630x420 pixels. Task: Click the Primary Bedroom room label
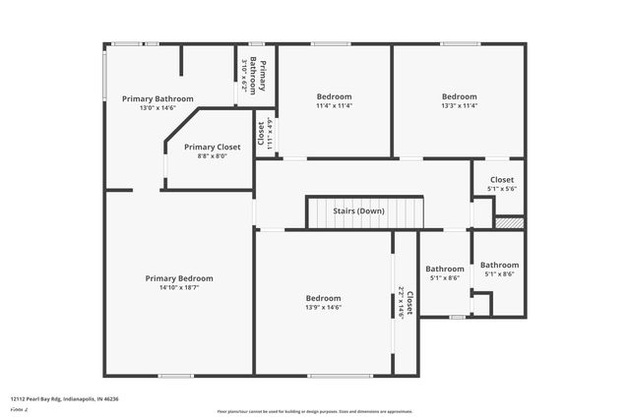[179, 278]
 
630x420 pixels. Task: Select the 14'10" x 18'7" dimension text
[179, 288]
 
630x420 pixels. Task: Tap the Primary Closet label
[212, 147]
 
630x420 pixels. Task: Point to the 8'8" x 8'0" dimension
[212, 155]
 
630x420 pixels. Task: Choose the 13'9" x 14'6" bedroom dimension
[323, 308]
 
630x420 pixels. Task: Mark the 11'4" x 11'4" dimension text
[334, 106]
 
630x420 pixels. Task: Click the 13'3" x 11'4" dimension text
[459, 106]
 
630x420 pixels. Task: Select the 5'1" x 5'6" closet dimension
[501, 189]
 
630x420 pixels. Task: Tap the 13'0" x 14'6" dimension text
[157, 108]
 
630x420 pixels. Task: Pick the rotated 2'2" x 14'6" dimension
[401, 303]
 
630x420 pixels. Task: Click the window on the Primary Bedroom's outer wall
[176, 375]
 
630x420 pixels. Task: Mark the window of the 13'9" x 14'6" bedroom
[340, 375]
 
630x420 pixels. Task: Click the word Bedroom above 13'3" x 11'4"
[459, 96]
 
